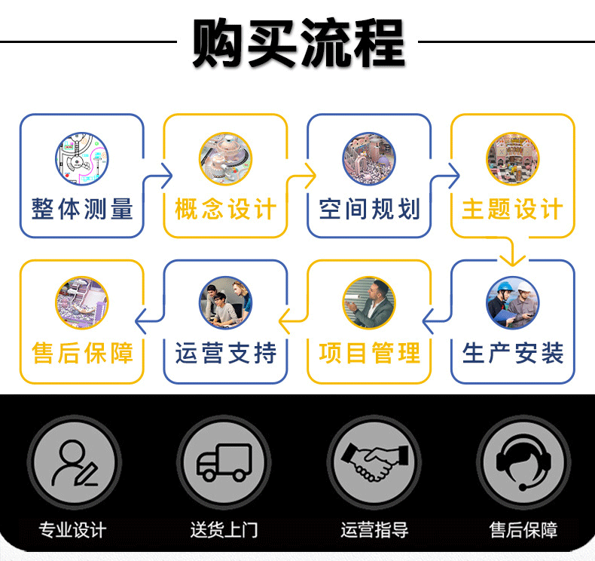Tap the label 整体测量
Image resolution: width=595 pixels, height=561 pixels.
(82, 209)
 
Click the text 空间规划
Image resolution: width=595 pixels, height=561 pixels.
(369, 209)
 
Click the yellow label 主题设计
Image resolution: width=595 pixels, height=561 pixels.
(512, 209)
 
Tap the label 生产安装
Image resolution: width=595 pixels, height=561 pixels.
(512, 353)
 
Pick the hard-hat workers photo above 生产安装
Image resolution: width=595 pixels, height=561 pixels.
(512, 302)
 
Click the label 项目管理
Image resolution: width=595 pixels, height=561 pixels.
(369, 353)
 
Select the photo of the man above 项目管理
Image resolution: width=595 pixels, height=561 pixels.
(369, 302)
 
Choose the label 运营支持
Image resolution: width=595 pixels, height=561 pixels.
(225, 353)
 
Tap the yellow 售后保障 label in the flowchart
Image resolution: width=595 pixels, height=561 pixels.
(82, 353)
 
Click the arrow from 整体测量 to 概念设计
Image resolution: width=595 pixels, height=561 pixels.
(160, 176)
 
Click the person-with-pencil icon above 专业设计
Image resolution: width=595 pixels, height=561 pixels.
(74, 461)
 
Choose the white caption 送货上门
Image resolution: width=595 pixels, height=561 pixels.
(224, 530)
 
